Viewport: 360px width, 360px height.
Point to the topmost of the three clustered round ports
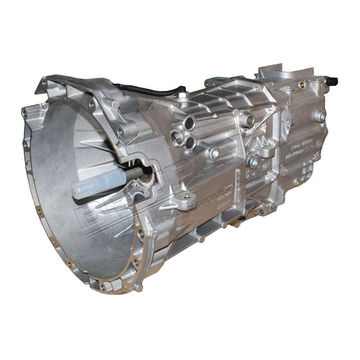pyautogui.click(x=189, y=122)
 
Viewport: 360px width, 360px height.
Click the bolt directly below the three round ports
pyautogui.click(x=213, y=153)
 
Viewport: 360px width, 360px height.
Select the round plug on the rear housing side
pyautogui.click(x=320, y=116)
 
